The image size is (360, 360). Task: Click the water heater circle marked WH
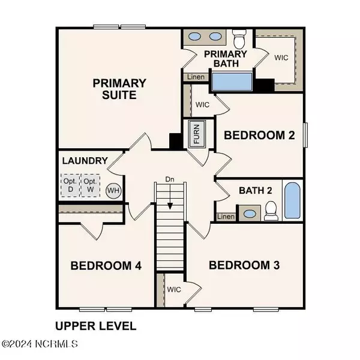(x=113, y=190)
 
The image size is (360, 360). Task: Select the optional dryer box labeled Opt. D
(x=70, y=185)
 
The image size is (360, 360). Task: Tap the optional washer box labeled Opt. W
(x=90, y=185)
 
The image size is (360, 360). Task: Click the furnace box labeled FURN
(x=197, y=134)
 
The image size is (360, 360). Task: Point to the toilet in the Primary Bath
(x=239, y=38)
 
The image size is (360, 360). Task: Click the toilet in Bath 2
(x=271, y=211)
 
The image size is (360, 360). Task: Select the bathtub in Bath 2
(x=292, y=200)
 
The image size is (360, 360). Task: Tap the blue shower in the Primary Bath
(x=232, y=82)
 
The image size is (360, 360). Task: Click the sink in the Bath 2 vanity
(x=250, y=214)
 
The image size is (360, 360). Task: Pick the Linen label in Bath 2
(x=226, y=217)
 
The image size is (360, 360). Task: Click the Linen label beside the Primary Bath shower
(x=196, y=77)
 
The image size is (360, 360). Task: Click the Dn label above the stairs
(x=170, y=179)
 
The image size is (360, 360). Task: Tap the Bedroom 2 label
(x=259, y=135)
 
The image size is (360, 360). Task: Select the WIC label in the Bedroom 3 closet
(x=174, y=290)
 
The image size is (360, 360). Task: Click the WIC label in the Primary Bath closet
(x=281, y=58)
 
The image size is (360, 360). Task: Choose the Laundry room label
(x=85, y=160)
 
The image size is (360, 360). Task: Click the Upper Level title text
(x=96, y=326)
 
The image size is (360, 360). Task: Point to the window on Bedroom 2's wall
(x=305, y=135)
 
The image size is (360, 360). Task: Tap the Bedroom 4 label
(x=106, y=266)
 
